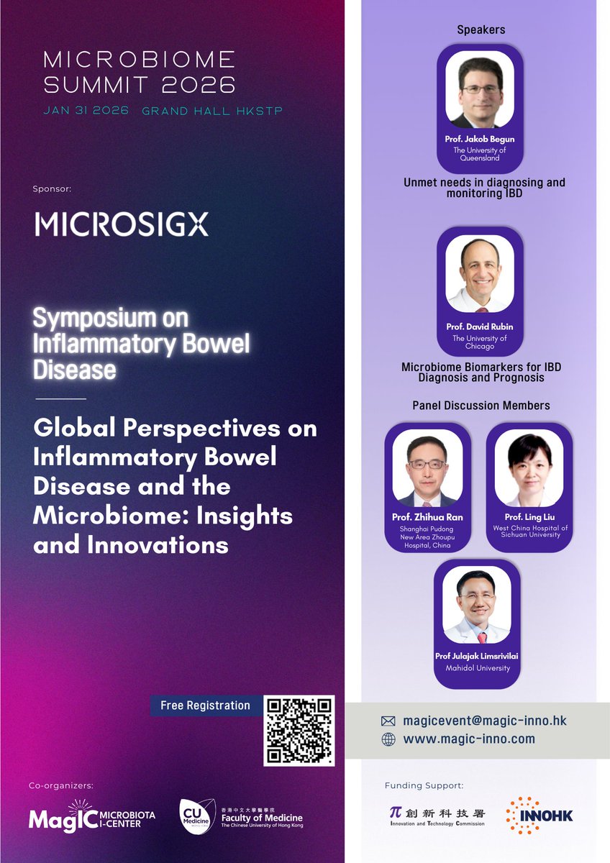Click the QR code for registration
point(299,730)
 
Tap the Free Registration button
point(205,706)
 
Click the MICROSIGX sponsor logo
point(122,224)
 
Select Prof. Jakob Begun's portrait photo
point(480,89)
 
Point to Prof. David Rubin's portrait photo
point(480,273)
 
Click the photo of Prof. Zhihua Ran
point(427,468)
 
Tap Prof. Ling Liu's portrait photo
point(529,468)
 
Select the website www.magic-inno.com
point(469,739)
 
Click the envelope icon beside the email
point(388,721)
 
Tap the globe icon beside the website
point(388,739)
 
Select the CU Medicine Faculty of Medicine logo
point(241,816)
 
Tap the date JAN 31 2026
point(86,111)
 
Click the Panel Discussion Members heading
point(481,406)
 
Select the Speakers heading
point(481,30)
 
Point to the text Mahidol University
point(477,668)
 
